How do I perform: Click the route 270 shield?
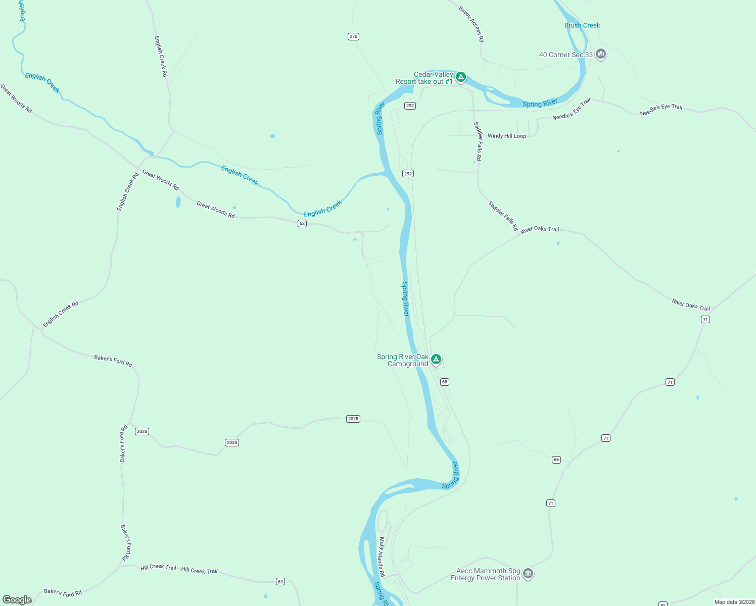353,36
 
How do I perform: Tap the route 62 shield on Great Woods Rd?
302,223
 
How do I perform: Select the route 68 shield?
445,382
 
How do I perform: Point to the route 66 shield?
556,460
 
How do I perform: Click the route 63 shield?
280,582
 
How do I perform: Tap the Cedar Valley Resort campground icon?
460,77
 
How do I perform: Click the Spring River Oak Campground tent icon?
436,359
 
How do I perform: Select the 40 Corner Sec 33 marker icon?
601,54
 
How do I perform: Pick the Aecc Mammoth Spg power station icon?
528,573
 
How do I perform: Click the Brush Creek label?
582,25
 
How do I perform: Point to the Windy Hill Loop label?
506,136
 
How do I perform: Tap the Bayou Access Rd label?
471,24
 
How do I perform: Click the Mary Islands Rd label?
382,557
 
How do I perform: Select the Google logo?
17,600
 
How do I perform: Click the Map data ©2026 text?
734,602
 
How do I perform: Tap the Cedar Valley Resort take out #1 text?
424,78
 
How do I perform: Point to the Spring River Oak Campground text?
403,360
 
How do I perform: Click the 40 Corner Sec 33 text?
565,55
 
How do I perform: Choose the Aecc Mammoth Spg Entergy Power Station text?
485,574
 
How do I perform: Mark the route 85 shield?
663,604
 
